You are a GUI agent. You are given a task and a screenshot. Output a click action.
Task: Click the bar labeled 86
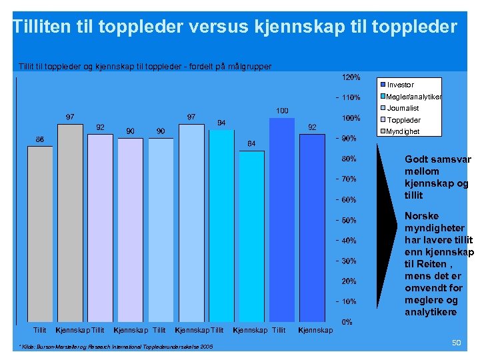40,233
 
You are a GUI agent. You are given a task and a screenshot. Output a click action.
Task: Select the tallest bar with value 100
282,220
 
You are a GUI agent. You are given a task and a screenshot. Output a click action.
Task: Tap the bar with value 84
251,237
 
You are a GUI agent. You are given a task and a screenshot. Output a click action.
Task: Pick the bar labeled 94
221,227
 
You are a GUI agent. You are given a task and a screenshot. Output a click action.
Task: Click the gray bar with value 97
70,223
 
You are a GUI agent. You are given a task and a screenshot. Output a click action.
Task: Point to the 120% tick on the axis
351,77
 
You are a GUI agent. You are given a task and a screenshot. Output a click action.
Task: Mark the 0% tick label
347,322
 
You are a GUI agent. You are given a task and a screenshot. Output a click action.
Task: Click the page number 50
457,343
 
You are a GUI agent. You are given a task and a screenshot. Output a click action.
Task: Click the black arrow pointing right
389,233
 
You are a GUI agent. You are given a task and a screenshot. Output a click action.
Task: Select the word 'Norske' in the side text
421,216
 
